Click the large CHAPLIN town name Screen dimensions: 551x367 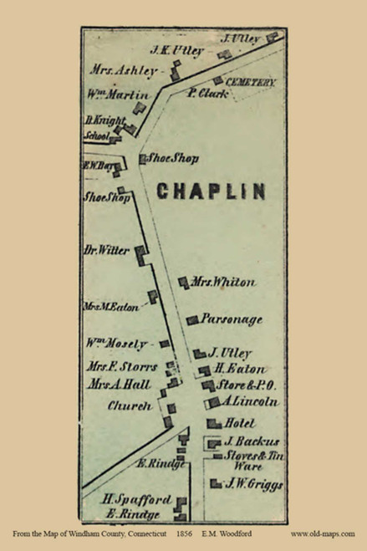pyautogui.click(x=211, y=191)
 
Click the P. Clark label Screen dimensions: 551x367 pyautogui.click(x=203, y=94)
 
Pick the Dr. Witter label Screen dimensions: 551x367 pyautogui.click(x=104, y=249)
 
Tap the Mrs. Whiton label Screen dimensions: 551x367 pyautogui.click(x=223, y=283)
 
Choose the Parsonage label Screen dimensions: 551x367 pyautogui.click(x=232, y=319)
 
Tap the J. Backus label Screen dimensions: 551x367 pyautogui.click(x=251, y=441)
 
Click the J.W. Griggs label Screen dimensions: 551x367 pyautogui.click(x=254, y=484)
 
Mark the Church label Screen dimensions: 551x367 pyautogui.click(x=130, y=406)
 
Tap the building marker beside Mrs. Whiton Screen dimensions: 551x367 pyautogui.click(x=183, y=282)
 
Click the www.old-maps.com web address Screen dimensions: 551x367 pyautogui.click(x=323, y=533)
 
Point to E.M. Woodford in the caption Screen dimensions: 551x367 pyautogui.click(x=227, y=533)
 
